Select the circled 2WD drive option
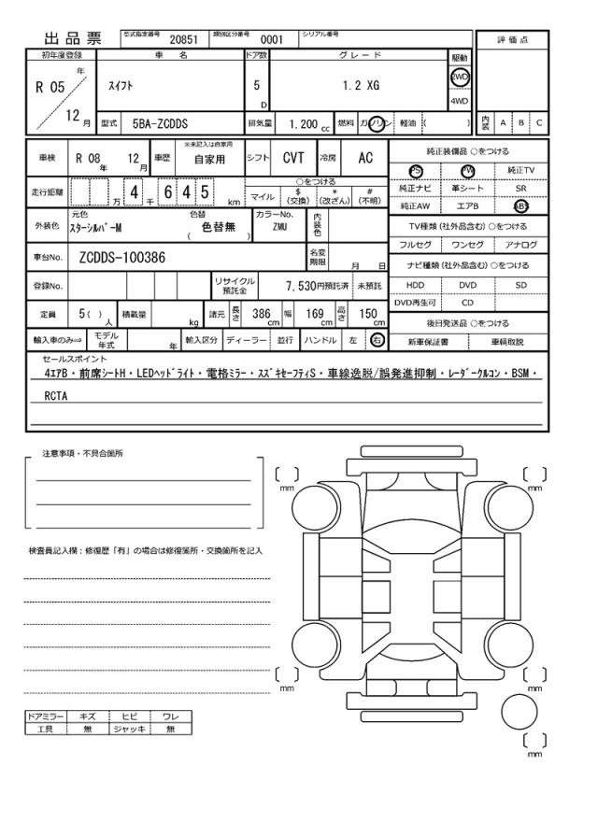click(x=460, y=78)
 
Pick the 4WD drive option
click(x=460, y=100)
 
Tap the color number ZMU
click(x=279, y=226)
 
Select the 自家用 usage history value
click(x=209, y=160)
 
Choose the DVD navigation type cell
click(x=467, y=284)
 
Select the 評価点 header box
click(x=512, y=39)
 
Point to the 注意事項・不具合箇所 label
click(x=82, y=453)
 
